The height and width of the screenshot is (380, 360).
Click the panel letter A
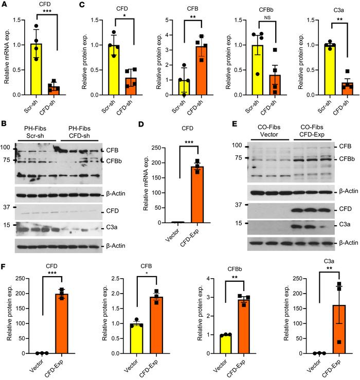pyautogui.click(x=4, y=5)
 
